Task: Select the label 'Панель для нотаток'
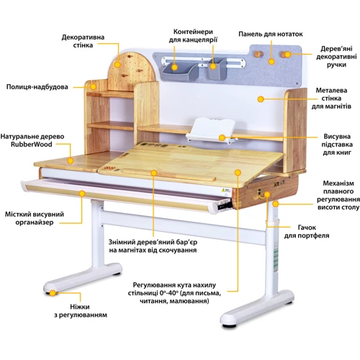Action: point(271,34)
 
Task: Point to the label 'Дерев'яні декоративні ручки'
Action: point(333,63)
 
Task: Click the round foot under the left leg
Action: point(53,291)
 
